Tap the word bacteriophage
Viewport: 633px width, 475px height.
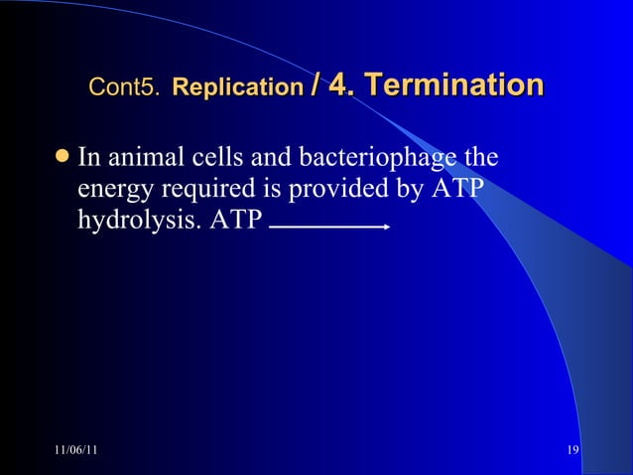coord(374,159)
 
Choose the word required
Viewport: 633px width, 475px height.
coord(199,189)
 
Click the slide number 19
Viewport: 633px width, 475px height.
coord(572,453)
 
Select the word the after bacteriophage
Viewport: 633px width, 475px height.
coord(480,158)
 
